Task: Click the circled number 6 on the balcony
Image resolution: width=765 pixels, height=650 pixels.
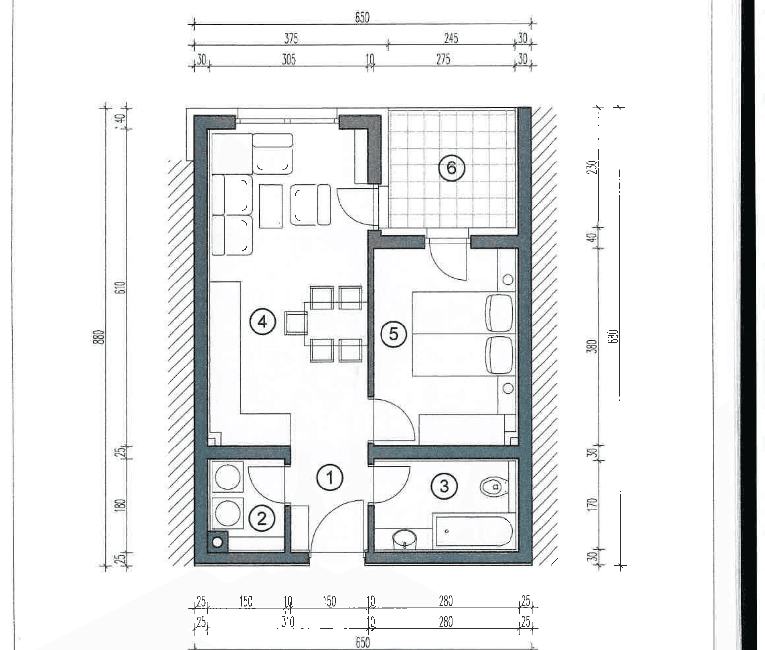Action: pyautogui.click(x=451, y=168)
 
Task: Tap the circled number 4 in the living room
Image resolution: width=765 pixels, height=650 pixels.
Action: pyautogui.click(x=262, y=322)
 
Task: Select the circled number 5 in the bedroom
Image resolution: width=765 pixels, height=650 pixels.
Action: pyautogui.click(x=393, y=334)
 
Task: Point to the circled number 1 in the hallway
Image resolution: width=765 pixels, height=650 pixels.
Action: pyautogui.click(x=330, y=478)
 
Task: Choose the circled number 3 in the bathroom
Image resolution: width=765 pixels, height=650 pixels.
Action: pyautogui.click(x=444, y=486)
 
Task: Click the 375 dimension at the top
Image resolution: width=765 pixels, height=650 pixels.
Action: pyautogui.click(x=291, y=39)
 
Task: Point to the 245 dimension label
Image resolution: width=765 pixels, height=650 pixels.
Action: pyautogui.click(x=451, y=38)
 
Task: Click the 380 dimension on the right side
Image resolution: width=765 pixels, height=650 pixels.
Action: pyautogui.click(x=593, y=346)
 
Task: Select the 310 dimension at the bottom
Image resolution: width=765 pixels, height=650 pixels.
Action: pyautogui.click(x=288, y=622)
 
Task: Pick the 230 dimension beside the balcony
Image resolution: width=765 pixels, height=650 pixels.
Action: pyautogui.click(x=593, y=167)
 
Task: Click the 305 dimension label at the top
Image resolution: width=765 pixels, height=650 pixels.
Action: pyautogui.click(x=288, y=59)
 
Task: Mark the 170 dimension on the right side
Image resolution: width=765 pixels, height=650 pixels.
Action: pyautogui.click(x=593, y=503)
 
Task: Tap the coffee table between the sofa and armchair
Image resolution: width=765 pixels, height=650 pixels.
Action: pyautogui.click(x=271, y=206)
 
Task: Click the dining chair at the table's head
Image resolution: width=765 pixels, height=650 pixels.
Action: pyautogui.click(x=296, y=324)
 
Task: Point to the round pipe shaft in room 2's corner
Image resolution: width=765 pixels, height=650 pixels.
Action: pyautogui.click(x=217, y=542)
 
